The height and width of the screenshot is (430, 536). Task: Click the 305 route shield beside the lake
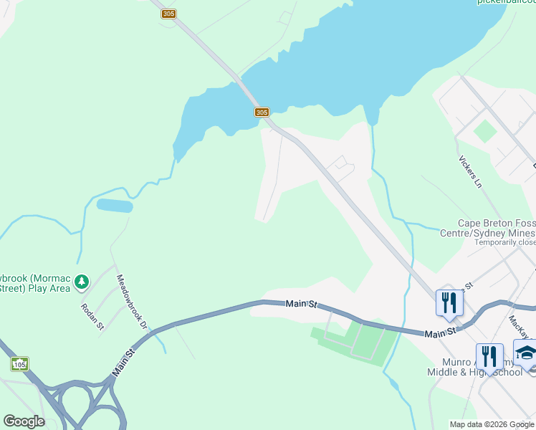tap(262, 113)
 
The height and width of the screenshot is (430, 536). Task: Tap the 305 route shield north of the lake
tap(169, 14)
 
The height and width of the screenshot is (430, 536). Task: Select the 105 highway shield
tap(19, 365)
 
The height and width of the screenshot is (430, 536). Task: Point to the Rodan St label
tap(93, 315)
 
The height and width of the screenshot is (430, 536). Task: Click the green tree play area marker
tap(82, 282)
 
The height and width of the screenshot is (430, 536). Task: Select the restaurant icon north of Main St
tap(449, 302)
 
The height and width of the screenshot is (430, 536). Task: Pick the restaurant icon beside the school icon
tap(489, 356)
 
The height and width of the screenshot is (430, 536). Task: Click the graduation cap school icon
tap(526, 355)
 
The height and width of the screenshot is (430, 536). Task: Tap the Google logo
tap(24, 421)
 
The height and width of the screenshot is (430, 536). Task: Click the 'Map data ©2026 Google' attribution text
tap(492, 424)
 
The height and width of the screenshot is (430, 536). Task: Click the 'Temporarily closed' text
tap(504, 242)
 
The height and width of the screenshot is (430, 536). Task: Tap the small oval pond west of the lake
tap(115, 206)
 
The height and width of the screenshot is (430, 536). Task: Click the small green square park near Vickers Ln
tap(485, 131)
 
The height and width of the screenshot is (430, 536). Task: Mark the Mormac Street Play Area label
tap(36, 282)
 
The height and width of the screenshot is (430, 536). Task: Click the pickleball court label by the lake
tap(506, 2)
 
